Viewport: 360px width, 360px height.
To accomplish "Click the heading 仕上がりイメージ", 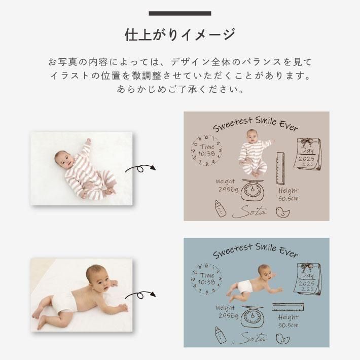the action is pos(180,34).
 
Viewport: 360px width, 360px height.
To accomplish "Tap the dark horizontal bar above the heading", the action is pos(180,13).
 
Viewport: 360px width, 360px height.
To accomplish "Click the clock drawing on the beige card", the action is pos(207,151).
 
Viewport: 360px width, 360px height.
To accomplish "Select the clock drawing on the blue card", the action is pos(207,279).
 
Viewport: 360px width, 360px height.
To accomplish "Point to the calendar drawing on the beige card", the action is pos(307,154).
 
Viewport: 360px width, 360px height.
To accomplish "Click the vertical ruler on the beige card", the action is pos(280,168).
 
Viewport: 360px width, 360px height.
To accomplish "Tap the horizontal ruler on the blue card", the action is pos(288,307).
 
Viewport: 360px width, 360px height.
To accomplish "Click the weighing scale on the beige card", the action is pos(253,190).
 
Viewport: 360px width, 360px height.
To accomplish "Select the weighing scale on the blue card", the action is pos(253,316).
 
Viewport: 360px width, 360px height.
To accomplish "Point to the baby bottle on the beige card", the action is pos(221,208).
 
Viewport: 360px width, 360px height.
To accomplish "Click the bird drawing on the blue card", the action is pos(282,339).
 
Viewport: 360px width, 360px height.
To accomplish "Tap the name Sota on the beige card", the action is pos(249,212).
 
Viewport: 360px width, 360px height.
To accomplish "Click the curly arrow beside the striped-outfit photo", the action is pos(140,169).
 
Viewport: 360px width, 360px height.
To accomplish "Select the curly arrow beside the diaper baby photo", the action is pos(140,295).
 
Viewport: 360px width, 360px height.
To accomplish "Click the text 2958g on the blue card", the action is pos(229,316).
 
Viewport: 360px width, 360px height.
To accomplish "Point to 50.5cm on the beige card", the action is pos(289,199).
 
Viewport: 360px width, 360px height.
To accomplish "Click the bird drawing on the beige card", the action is pos(282,212).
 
